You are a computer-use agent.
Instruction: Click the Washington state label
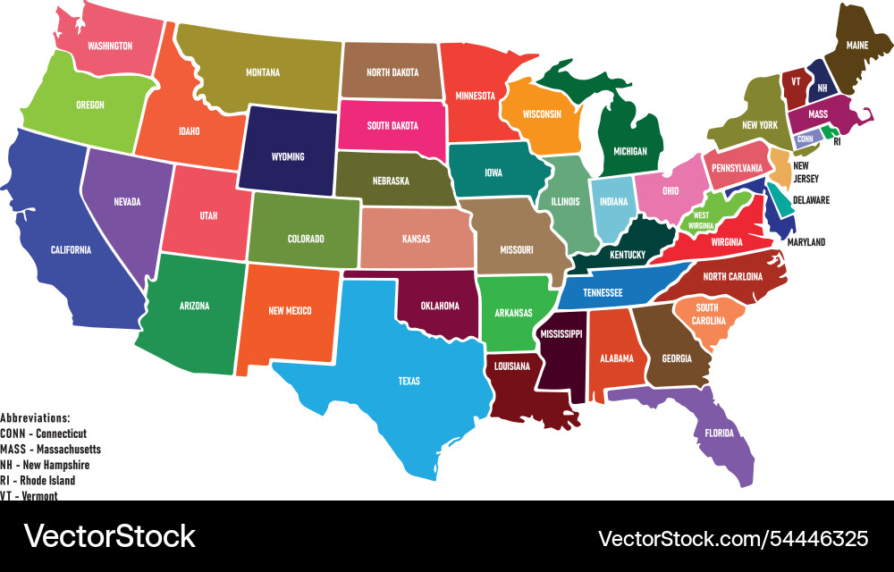(x=109, y=46)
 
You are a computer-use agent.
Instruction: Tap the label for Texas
(x=409, y=382)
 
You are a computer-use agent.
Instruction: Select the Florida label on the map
(x=719, y=433)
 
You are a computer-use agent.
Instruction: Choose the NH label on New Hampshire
(x=821, y=88)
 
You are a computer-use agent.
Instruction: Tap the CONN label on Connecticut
(x=805, y=139)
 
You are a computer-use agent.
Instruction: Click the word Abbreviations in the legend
(x=35, y=417)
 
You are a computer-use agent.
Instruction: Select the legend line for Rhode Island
(x=38, y=480)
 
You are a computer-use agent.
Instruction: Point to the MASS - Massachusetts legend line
(x=50, y=449)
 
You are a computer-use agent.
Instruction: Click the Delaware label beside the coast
(x=810, y=200)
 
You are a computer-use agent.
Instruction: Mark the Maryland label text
(x=805, y=242)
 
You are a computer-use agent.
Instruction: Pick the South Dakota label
(x=392, y=126)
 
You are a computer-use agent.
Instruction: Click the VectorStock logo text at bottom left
(x=110, y=536)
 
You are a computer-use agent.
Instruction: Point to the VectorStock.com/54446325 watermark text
(x=732, y=538)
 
